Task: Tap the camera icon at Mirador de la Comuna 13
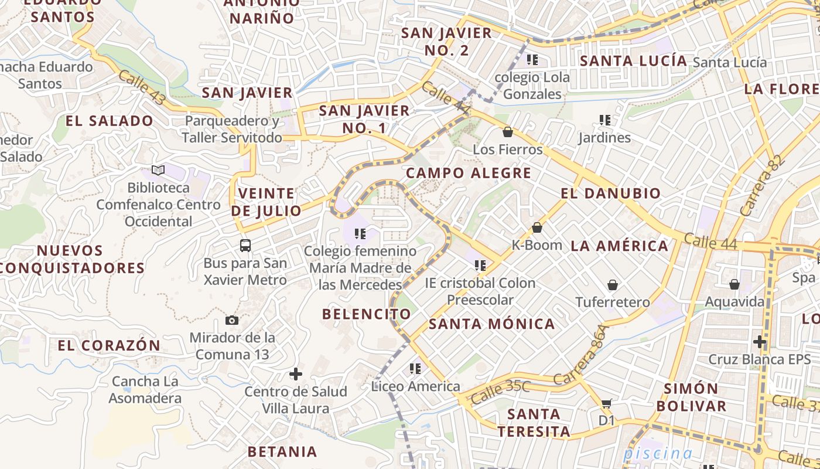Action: (232, 320)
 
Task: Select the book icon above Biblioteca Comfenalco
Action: (158, 170)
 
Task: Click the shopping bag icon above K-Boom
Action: (537, 227)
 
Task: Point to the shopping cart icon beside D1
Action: (607, 403)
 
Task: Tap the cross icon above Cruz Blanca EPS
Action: (760, 341)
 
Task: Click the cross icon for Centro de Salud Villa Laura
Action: (296, 373)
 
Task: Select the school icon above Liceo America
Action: (415, 369)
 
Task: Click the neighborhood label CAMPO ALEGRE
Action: (469, 173)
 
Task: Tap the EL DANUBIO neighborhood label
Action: (610, 193)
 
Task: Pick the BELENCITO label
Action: (367, 314)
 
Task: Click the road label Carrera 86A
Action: (586, 355)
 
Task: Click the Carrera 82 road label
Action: (761, 185)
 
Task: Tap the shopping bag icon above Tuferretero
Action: (612, 285)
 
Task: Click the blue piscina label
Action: (658, 453)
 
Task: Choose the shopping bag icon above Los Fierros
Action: (508, 132)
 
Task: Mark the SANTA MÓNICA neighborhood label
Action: (492, 324)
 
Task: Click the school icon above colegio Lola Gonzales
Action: (532, 59)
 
